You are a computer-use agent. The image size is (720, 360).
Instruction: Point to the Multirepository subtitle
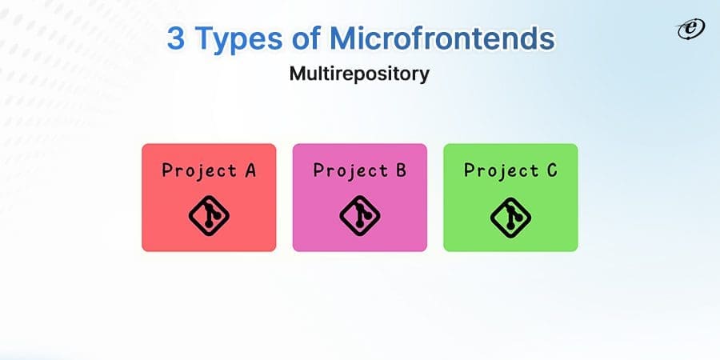pos(359,74)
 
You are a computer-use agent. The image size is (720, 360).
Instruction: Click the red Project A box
pos(209,198)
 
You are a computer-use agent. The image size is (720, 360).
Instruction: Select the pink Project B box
pos(359,198)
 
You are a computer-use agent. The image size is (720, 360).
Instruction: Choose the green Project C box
pos(510,198)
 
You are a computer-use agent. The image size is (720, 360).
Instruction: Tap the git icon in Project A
pos(209,214)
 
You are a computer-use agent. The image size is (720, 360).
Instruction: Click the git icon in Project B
pos(359,214)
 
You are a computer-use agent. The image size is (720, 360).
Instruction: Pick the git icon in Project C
pos(510,214)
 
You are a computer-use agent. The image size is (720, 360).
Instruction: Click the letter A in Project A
pos(250,170)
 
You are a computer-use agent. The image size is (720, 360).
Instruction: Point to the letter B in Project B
pos(400,170)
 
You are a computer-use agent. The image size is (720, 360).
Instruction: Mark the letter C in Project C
pos(551,170)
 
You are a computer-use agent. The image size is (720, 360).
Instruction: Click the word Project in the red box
pos(198,170)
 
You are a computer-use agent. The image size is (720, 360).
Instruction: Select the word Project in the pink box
pos(350,170)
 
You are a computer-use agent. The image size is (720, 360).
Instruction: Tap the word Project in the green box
pos(501,170)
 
